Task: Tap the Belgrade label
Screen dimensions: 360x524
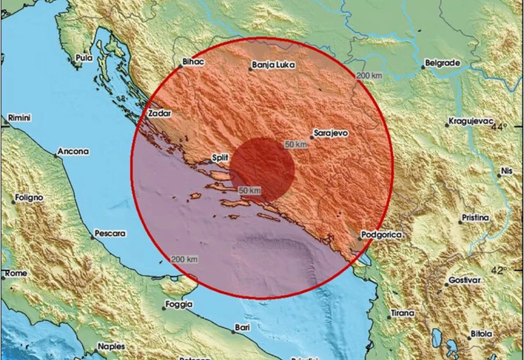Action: point(442,63)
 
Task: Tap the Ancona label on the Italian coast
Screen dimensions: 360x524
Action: point(73,151)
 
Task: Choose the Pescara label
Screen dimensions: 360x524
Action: point(110,233)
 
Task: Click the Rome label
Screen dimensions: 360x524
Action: point(16,273)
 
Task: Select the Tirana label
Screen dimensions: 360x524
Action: point(401,313)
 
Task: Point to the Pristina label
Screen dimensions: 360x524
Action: point(475,218)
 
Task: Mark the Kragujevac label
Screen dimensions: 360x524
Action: point(471,121)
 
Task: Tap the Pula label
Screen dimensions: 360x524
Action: point(84,58)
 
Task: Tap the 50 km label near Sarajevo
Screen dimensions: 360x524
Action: point(297,145)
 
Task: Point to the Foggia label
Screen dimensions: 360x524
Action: point(179,306)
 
